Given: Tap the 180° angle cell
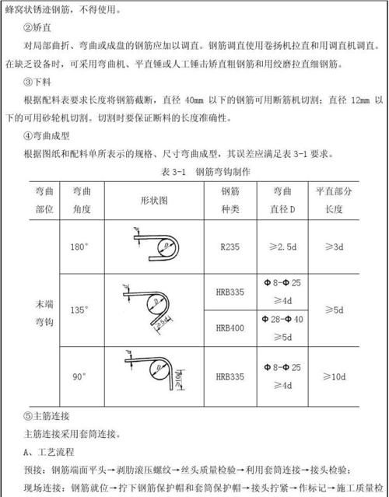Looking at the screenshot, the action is tap(79, 247).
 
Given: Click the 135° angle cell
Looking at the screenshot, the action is tap(79, 309).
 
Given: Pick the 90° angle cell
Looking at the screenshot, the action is tap(79, 376).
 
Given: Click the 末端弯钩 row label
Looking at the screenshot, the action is tap(44, 310).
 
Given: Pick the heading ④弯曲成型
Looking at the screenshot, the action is tap(48, 135).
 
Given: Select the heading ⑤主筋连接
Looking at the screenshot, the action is tap(48, 415).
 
